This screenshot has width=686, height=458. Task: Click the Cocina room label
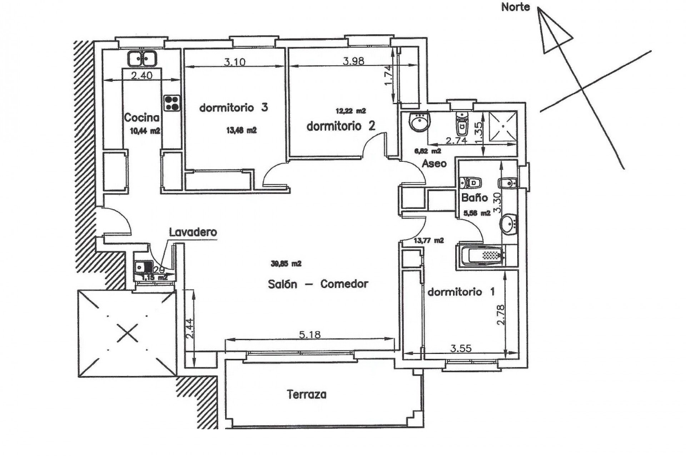pos(141,117)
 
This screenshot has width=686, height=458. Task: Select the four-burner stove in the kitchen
pos(172,103)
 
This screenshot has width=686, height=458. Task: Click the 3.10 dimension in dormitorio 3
pos(235,62)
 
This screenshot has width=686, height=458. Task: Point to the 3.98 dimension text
pos(353,61)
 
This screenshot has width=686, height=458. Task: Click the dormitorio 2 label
pos(341,126)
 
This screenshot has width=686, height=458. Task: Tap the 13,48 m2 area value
pos(242,131)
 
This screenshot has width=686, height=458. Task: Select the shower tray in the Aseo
pos(503,126)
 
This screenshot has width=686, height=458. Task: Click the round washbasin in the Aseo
pos(419,122)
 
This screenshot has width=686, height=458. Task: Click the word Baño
pos(474,198)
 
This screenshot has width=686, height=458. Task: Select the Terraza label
pos(307,395)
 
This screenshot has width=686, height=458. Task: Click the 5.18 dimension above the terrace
pos(310,335)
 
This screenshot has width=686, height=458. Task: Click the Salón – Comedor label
pos(318,284)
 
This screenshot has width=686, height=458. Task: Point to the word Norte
pos(515,7)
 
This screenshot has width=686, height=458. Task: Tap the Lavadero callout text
pos(193,232)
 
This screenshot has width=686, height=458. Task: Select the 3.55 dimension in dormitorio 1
pos(461,348)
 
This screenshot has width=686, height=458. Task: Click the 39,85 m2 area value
pos(286,264)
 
